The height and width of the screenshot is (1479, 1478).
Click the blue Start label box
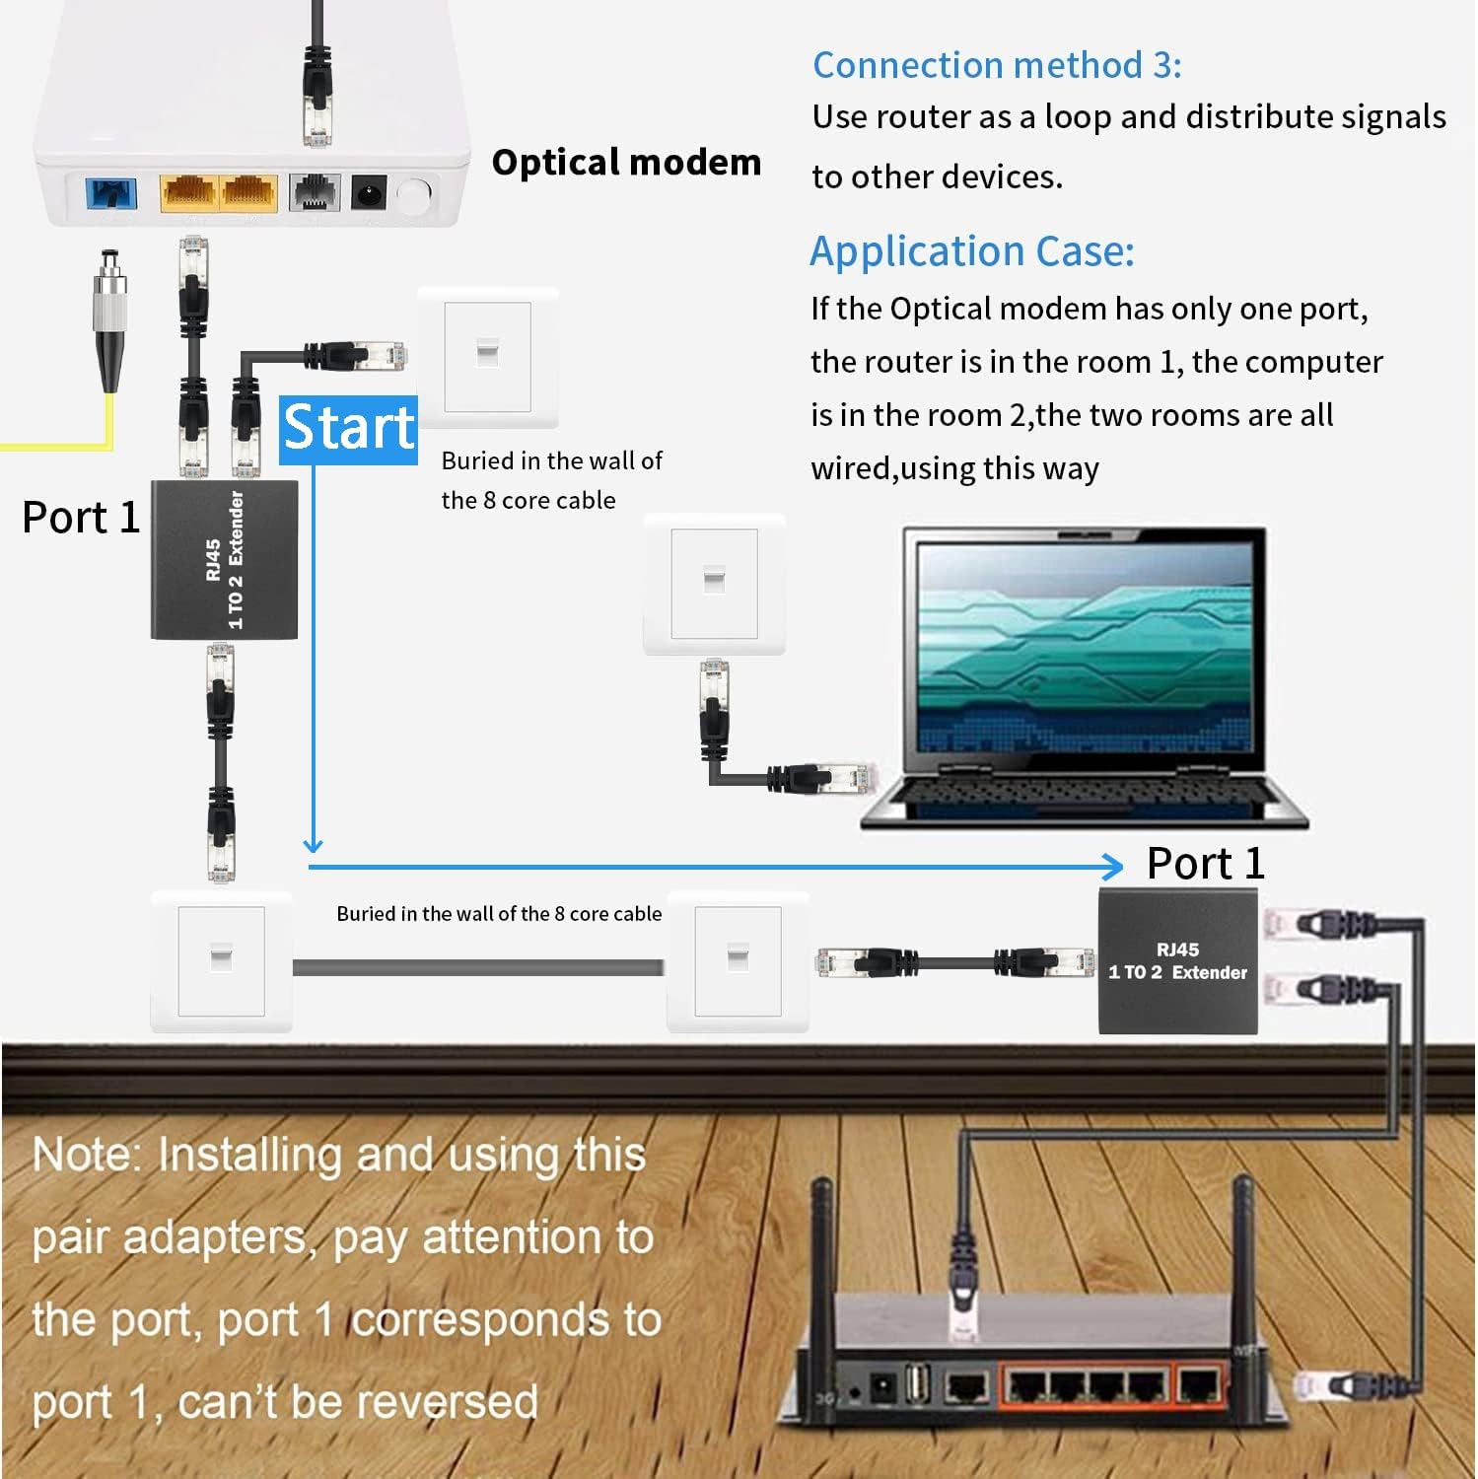pyautogui.click(x=347, y=429)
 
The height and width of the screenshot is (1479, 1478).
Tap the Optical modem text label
pyautogui.click(x=626, y=163)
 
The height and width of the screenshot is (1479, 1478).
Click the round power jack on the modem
pyautogui.click(x=369, y=192)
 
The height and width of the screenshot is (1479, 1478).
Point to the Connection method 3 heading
pyautogui.click(x=996, y=65)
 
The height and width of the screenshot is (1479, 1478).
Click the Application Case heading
pyautogui.click(x=971, y=251)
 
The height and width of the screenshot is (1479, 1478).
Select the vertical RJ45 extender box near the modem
pyautogui.click(x=224, y=559)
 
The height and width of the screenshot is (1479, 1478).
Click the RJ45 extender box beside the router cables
pyautogui.click(x=1177, y=961)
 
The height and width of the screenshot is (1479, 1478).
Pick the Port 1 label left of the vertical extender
pyautogui.click(x=81, y=518)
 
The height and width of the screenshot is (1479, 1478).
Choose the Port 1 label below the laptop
pyautogui.click(x=1205, y=864)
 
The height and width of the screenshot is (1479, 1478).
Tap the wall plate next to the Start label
pyautogui.click(x=487, y=357)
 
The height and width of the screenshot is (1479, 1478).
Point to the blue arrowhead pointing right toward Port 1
pyautogui.click(x=1112, y=867)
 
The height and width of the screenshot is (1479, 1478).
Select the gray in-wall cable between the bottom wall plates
pyautogui.click(x=478, y=967)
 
